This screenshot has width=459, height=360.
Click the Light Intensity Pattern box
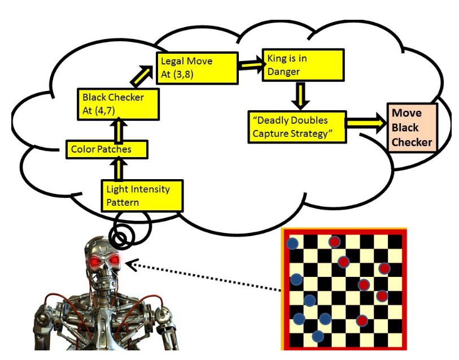(142, 196)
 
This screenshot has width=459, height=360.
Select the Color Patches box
(106, 150)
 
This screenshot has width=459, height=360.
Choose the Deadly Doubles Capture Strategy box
(298, 127)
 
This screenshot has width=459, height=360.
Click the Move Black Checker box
(412, 128)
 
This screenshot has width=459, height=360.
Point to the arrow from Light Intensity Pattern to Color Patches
(119, 169)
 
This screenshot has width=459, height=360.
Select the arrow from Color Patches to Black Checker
(119, 129)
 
